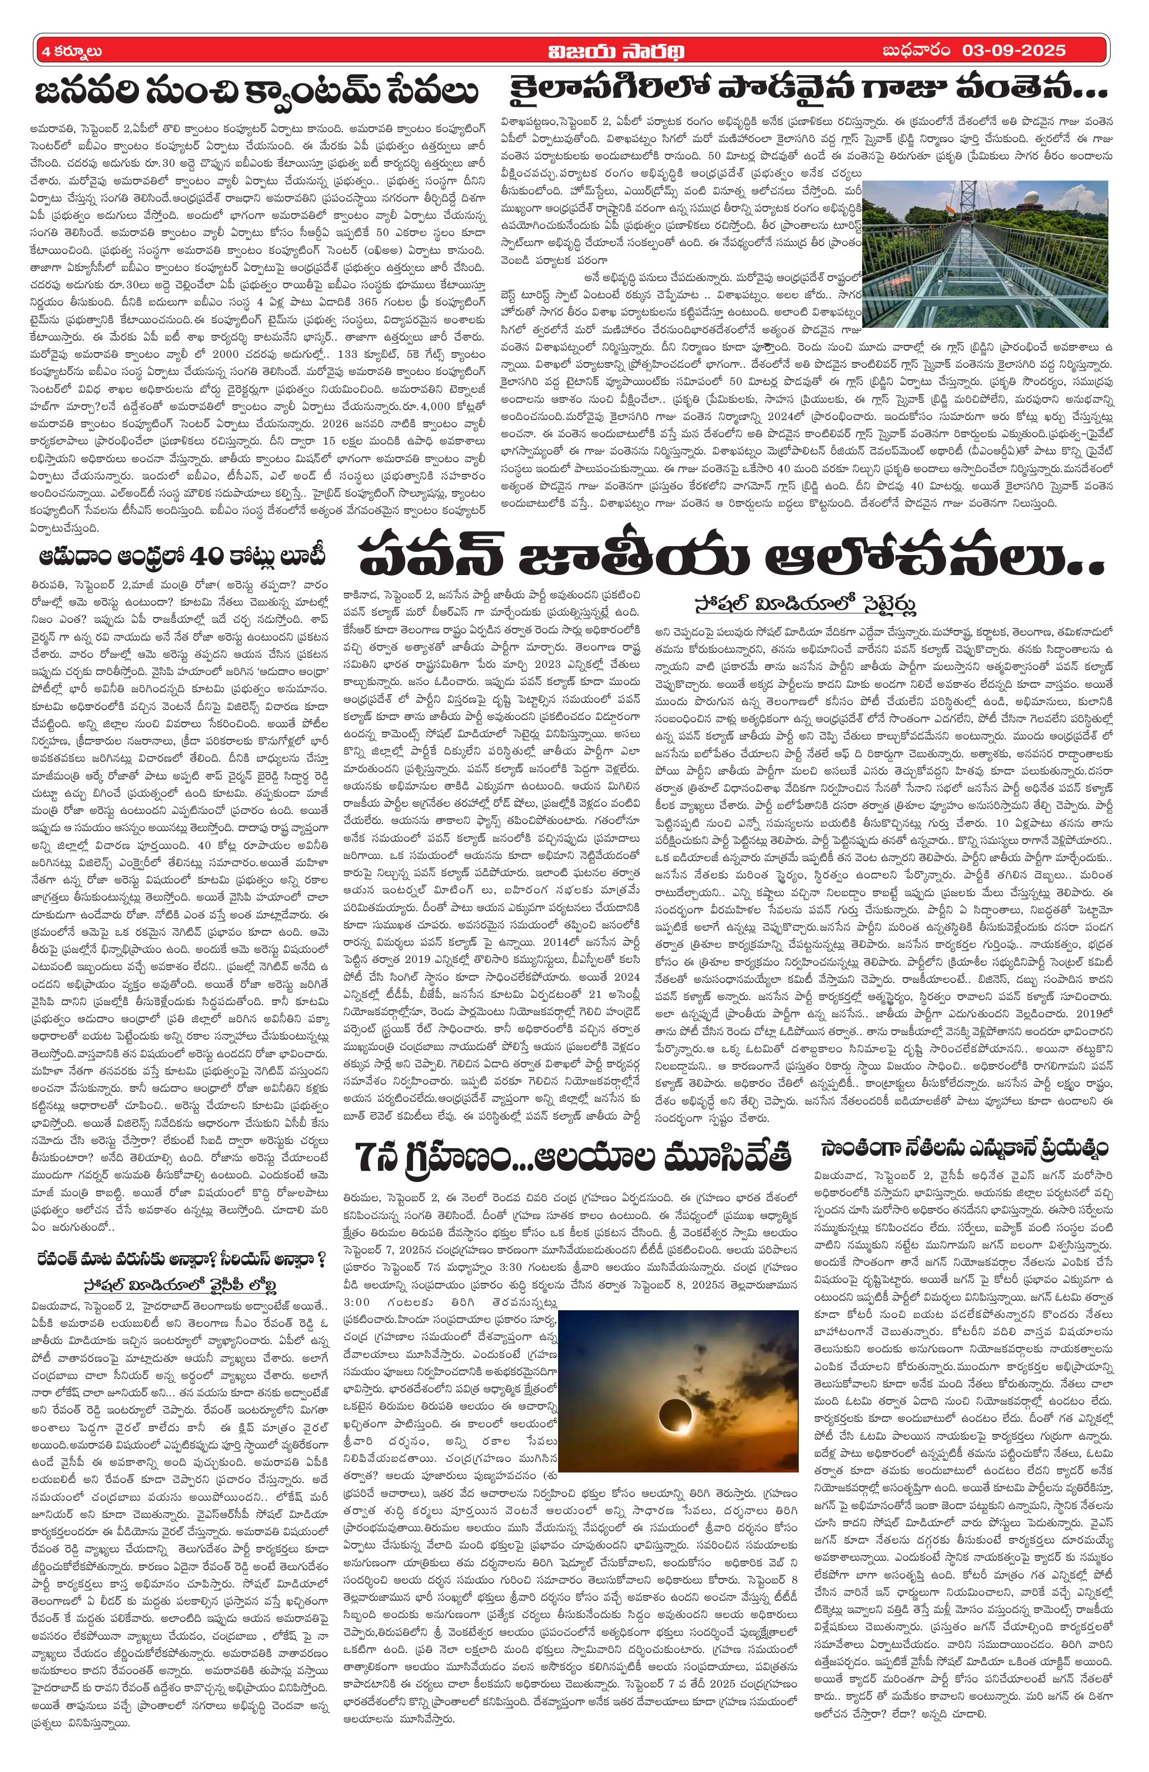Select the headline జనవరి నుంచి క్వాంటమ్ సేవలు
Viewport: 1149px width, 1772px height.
(x=257, y=96)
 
